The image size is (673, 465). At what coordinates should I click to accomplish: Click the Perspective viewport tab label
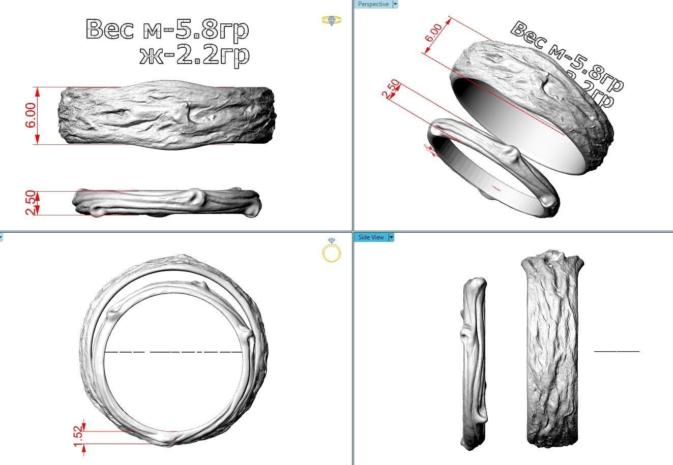pyautogui.click(x=373, y=4)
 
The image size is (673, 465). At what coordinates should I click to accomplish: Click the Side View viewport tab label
pyautogui.click(x=371, y=237)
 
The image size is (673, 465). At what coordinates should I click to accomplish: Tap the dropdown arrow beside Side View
pyautogui.click(x=391, y=237)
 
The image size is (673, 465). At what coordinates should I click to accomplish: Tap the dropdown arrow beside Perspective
pyautogui.click(x=395, y=4)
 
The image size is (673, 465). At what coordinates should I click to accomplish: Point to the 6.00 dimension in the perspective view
pyautogui.click(x=434, y=32)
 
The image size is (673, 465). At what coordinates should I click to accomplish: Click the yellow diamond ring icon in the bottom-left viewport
pyautogui.click(x=332, y=250)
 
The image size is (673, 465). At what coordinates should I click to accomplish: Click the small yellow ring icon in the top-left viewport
pyautogui.click(x=332, y=20)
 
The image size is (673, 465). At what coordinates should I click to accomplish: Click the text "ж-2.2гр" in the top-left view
pyautogui.click(x=195, y=55)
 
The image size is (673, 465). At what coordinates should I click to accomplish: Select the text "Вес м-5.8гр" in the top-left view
pyautogui.click(x=168, y=29)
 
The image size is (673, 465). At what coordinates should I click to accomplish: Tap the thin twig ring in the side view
pyautogui.click(x=474, y=363)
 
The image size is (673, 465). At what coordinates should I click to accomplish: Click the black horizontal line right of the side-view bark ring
pyautogui.click(x=617, y=351)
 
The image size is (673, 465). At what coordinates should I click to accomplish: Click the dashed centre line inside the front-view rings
pyautogui.click(x=173, y=352)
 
